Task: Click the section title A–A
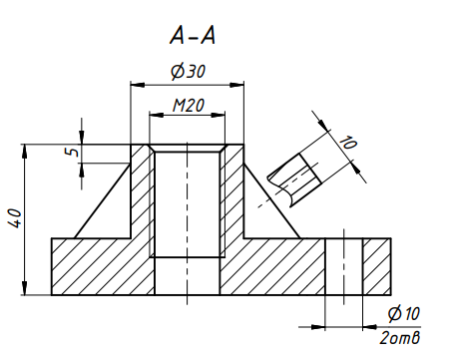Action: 193,35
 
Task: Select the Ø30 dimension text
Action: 189,71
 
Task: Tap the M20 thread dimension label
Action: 189,106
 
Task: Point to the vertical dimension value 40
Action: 15,218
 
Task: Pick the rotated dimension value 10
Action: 348,143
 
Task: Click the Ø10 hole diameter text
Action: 404,313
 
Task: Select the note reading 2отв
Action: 400,338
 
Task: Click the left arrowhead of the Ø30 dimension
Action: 138,85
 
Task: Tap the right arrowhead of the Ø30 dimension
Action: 236,85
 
